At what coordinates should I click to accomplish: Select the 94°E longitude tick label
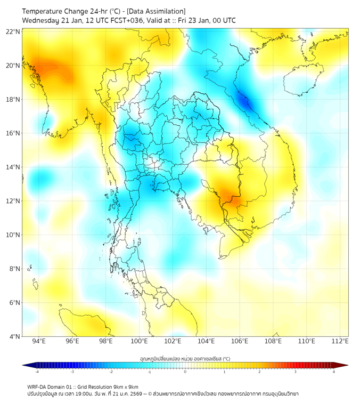(39, 341)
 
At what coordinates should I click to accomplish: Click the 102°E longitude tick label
(173, 341)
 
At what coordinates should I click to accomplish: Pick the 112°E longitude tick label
(340, 341)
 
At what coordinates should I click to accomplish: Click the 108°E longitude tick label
(273, 341)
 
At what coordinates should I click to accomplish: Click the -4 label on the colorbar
(36, 372)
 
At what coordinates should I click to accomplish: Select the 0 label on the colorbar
(185, 372)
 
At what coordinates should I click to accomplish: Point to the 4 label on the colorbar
(334, 372)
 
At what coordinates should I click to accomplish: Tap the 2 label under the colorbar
(259, 372)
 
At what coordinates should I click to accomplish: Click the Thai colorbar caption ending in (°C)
(185, 359)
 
